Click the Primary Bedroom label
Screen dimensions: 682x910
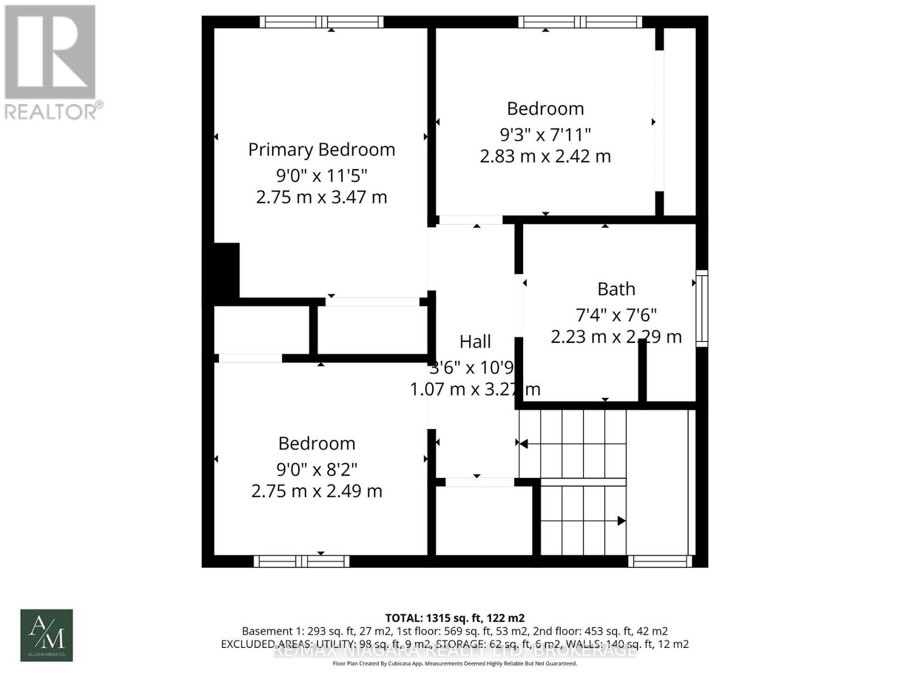(x=321, y=149)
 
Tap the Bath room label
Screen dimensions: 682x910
(x=616, y=289)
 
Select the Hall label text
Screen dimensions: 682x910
(x=475, y=342)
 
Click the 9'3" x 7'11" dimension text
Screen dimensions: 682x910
(x=545, y=135)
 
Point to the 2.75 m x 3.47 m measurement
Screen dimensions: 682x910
(x=321, y=197)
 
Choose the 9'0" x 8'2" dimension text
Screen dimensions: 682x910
(x=317, y=469)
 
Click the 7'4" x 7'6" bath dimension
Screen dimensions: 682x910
(x=616, y=314)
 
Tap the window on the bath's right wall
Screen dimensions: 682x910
(x=702, y=308)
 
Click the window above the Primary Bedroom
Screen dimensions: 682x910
(x=322, y=22)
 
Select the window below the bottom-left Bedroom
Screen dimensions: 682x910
(x=301, y=562)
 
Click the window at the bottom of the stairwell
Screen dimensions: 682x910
(x=660, y=562)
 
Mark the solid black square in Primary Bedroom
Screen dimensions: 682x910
(x=226, y=271)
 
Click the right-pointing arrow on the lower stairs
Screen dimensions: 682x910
(x=622, y=521)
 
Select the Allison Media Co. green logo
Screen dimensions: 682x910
(x=47, y=635)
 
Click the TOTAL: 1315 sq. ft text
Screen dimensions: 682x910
(x=455, y=618)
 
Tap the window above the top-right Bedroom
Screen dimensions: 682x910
(x=580, y=22)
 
